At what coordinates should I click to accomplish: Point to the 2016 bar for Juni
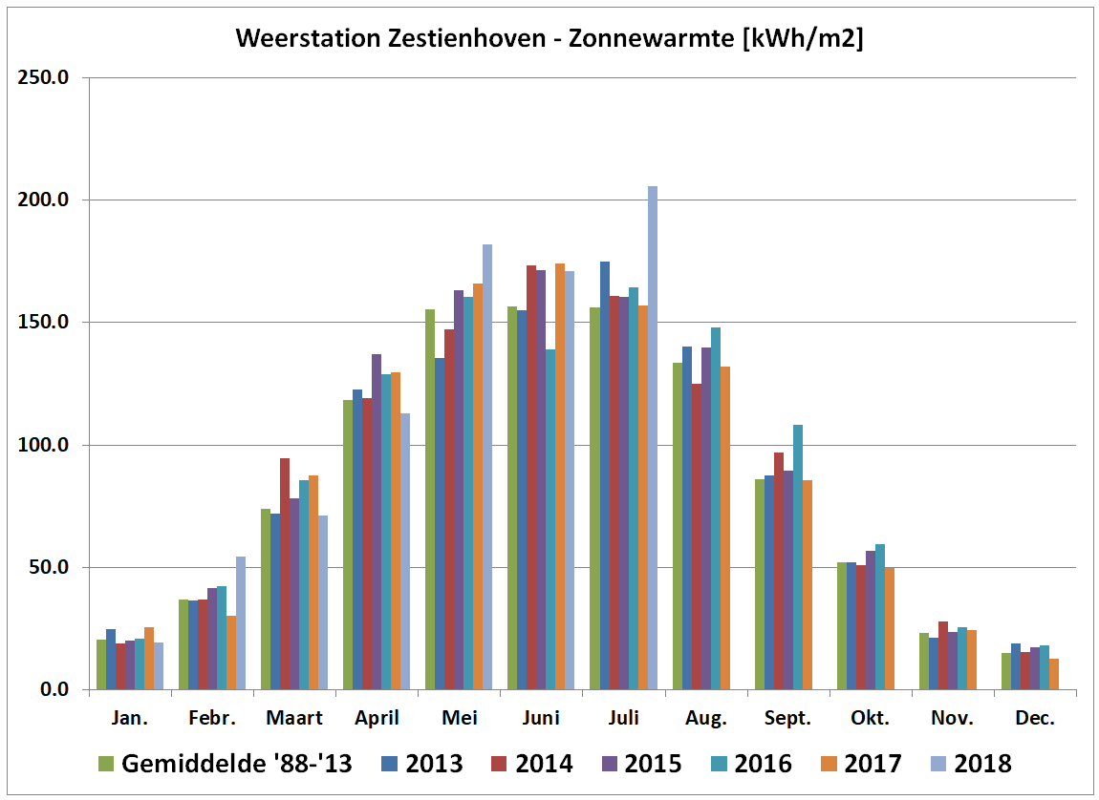tap(550, 519)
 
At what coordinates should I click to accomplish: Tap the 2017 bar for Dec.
tap(1054, 674)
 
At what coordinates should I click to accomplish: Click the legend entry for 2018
tap(970, 763)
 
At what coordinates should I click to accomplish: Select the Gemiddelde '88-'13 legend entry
tap(226, 763)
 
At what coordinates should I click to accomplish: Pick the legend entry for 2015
tap(641, 763)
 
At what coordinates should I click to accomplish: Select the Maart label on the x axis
tap(294, 718)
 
